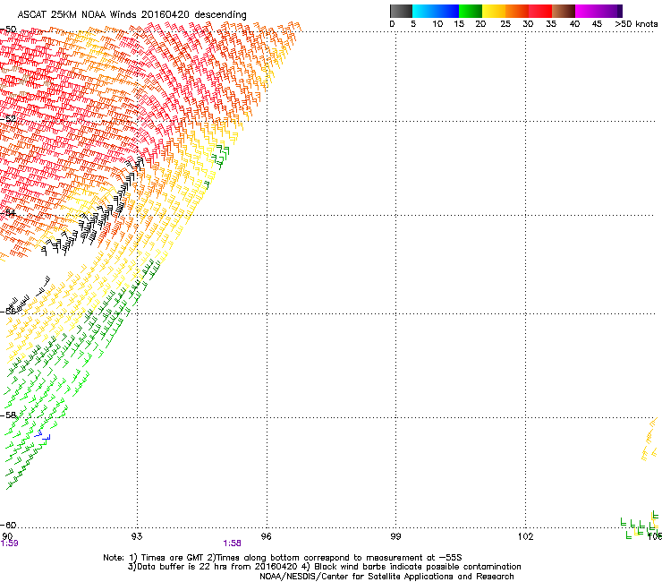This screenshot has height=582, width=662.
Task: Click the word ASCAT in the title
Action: (x=21, y=14)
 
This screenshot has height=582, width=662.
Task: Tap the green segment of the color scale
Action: (x=471, y=11)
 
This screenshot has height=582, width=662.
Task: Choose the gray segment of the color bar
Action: (x=402, y=11)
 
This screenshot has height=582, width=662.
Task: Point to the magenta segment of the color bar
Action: (x=588, y=11)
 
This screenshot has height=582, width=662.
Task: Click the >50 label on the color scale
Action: (x=624, y=24)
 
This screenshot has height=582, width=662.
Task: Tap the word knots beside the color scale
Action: (x=647, y=24)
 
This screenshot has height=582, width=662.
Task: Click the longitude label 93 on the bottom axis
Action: (x=137, y=536)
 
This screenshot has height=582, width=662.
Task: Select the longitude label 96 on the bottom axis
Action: (x=267, y=536)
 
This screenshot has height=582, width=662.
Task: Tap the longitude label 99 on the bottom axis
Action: (x=396, y=536)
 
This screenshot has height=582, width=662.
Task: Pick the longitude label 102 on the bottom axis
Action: (x=525, y=536)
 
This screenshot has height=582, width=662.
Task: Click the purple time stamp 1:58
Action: (x=233, y=543)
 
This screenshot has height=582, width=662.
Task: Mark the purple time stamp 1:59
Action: (x=9, y=543)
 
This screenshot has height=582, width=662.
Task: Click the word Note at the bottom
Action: (x=113, y=557)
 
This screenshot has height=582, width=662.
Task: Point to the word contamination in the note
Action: (x=487, y=567)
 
